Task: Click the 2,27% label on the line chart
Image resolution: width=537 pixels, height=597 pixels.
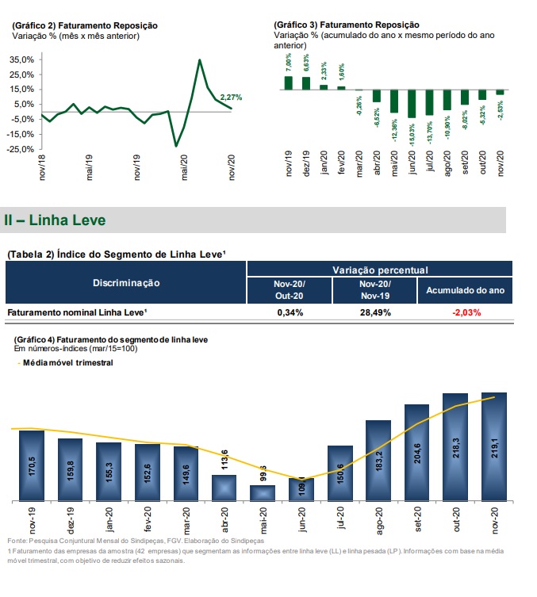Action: point(231,97)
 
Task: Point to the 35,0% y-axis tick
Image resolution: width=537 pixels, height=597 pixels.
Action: point(21,59)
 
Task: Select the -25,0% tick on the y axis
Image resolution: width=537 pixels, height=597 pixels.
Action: point(20,148)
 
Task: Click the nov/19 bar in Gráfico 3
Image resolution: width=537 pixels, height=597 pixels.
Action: point(288,82)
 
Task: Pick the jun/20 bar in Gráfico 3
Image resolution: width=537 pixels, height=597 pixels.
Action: point(411,103)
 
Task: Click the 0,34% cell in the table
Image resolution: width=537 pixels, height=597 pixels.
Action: point(290,312)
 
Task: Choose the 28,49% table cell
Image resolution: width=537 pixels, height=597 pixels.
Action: point(374,312)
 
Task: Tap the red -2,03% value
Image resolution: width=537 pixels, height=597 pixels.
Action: point(465,312)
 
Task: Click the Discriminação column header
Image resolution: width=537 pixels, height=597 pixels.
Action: point(126,283)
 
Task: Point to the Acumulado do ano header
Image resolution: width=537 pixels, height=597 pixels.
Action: point(465,290)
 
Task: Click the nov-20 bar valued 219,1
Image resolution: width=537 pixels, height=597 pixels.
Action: point(494,446)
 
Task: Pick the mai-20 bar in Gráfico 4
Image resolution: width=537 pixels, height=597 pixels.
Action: point(263,493)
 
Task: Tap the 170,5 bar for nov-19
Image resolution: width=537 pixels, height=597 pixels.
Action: point(31,466)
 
